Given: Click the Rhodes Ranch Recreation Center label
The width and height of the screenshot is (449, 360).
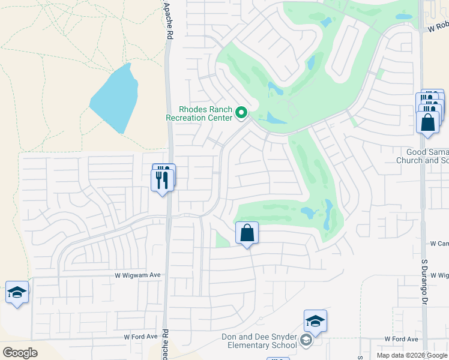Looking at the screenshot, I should [x=199, y=113].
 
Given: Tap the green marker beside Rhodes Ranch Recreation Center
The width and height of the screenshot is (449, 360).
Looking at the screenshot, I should [x=242, y=112].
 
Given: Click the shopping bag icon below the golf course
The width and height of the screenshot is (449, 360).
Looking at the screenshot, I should [x=247, y=232].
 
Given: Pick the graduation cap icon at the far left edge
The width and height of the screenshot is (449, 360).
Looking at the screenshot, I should [x=17, y=292].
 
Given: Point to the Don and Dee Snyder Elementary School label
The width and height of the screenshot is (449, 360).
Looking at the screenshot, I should [x=259, y=341].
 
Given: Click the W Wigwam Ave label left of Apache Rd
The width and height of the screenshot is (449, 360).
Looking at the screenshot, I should [x=138, y=275].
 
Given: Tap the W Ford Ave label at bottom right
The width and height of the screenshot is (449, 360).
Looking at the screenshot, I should [x=401, y=339].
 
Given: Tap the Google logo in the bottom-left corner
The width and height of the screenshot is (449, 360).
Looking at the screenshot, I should [x=20, y=353].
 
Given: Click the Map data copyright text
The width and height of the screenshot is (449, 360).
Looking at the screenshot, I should [x=412, y=355].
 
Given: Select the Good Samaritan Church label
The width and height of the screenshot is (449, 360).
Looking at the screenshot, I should [x=423, y=156].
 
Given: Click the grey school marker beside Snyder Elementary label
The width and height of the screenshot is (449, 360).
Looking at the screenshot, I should [x=306, y=341].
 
